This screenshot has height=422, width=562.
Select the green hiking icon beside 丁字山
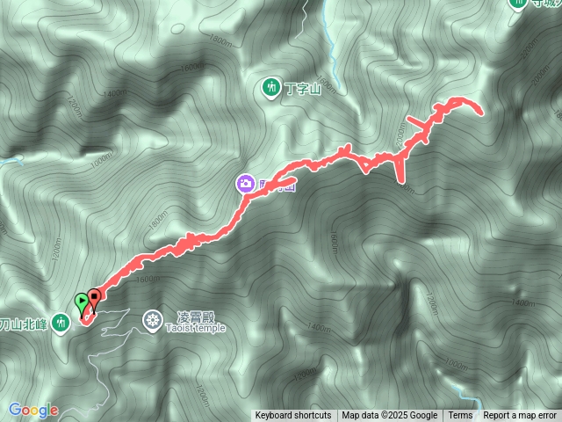270,86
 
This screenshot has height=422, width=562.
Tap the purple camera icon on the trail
245,183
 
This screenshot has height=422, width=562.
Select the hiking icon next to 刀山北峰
60,323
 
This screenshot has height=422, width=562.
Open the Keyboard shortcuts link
293,416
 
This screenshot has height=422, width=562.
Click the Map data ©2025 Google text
390,416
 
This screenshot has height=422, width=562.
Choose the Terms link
460,416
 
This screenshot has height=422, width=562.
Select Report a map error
519,416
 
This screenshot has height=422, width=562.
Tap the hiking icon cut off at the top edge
517,4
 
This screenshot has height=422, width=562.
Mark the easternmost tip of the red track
481,113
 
